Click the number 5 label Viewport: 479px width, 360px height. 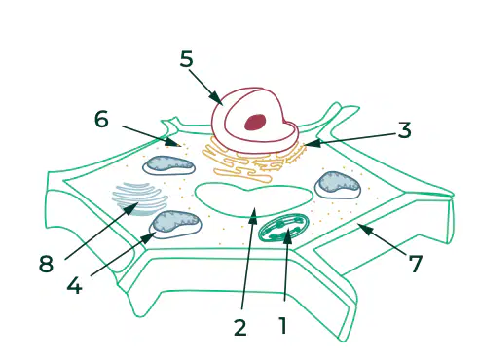186,58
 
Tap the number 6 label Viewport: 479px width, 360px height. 101,119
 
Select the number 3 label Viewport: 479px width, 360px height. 404,129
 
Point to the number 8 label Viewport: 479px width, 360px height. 46,263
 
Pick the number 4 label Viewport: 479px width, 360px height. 74,285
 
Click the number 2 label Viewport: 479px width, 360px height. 240,327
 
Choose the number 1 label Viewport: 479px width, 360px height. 283,325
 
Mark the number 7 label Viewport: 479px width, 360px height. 415,263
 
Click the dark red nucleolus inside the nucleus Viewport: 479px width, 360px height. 255,123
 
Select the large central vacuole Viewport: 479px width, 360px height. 254,199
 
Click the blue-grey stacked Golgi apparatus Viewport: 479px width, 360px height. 140,198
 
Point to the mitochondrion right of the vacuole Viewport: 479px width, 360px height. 338,185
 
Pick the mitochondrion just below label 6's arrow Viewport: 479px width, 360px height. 168,165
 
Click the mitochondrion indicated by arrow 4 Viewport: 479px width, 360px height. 175,225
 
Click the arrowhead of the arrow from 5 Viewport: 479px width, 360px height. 216,98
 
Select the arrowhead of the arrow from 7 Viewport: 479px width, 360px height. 364,229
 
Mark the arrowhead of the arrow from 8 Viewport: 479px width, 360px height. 131,207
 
